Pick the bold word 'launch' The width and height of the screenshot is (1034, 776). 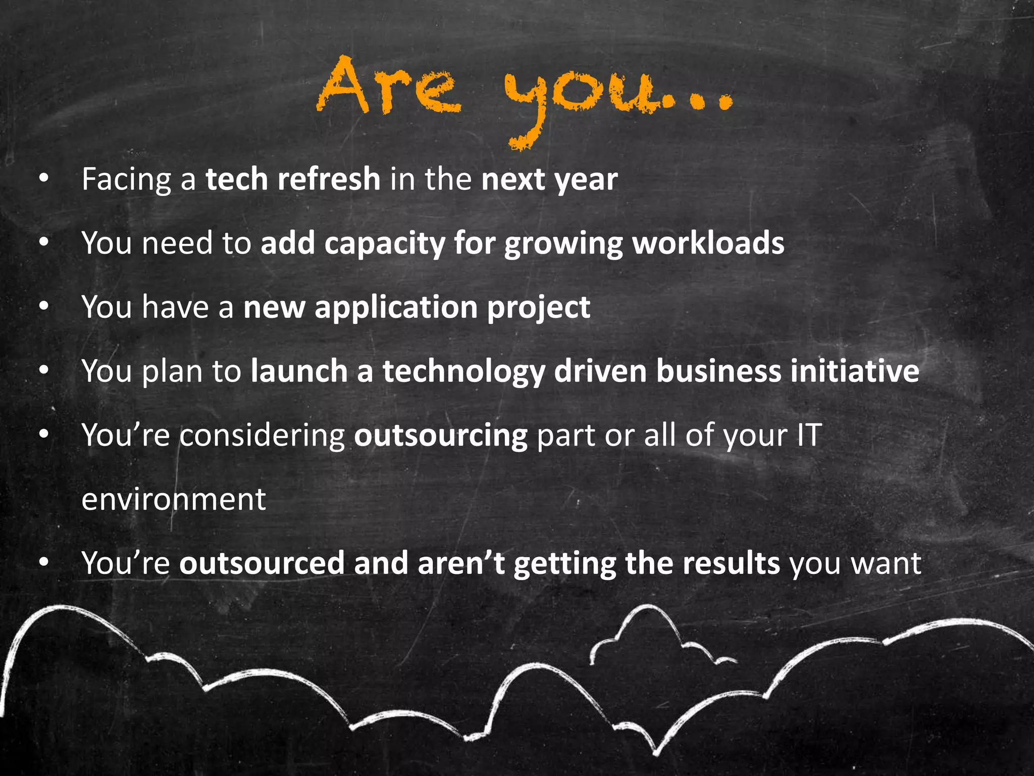coord(299,371)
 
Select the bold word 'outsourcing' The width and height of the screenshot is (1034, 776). coord(440,436)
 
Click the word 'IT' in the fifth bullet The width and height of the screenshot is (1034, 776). coord(809,435)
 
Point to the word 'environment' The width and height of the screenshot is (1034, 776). coord(173,500)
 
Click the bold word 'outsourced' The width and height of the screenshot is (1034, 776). coord(262,563)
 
